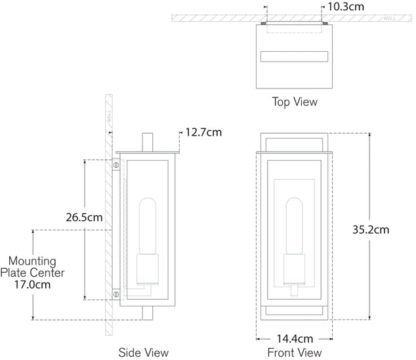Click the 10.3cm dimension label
coord(346,7)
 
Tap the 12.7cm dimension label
coord(203,132)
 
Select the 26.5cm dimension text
coord(84,218)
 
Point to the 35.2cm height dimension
coord(371,230)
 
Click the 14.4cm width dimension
coord(295,339)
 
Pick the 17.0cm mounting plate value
coord(32,285)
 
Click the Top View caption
coord(295,102)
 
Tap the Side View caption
coord(143,353)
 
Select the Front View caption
coord(295,353)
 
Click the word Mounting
coord(32,262)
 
